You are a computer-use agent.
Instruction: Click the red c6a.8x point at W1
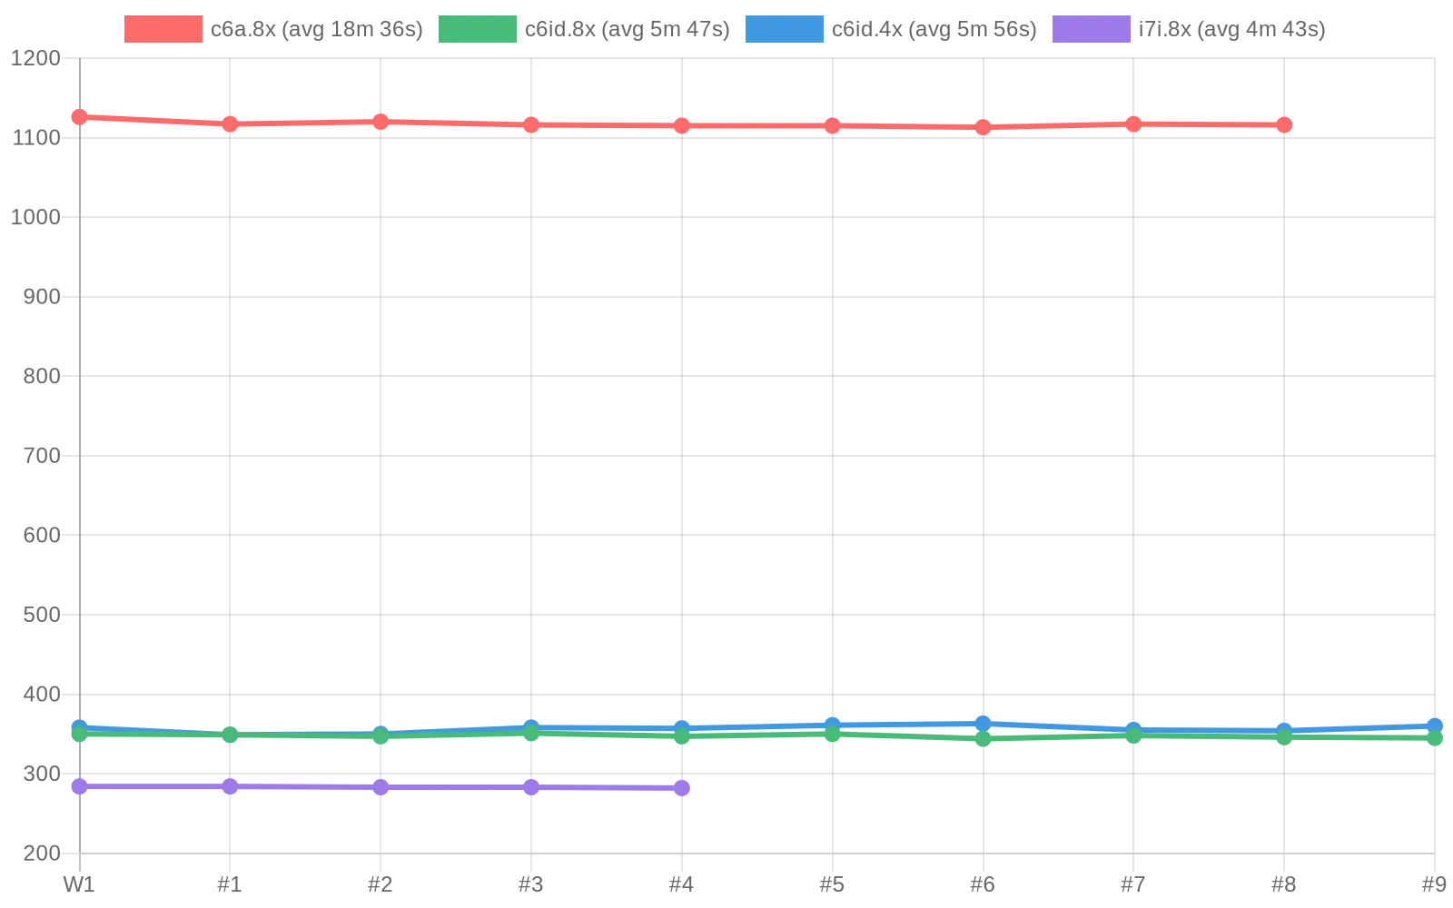coord(80,117)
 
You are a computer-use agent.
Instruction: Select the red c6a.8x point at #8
coord(1284,124)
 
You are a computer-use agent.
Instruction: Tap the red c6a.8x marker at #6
coord(983,127)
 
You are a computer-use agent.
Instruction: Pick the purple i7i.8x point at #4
coord(682,788)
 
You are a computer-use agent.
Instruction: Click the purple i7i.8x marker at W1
coord(80,786)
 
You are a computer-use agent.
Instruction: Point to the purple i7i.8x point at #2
coord(381,787)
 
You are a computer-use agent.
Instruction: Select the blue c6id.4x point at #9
coord(1434,725)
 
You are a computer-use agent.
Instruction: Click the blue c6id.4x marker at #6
coord(983,724)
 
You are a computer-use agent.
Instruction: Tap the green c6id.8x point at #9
coord(1434,738)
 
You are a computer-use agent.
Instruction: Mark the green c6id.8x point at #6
coord(983,739)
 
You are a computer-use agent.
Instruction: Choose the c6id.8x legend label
coord(627,29)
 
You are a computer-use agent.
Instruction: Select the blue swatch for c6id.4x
coord(784,29)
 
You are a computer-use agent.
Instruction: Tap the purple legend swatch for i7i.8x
coord(1091,29)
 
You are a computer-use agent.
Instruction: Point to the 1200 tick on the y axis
coord(35,58)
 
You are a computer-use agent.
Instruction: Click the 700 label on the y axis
coord(42,456)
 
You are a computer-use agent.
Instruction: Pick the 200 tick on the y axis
coord(42,854)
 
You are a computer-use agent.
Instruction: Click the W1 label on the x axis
coord(79,884)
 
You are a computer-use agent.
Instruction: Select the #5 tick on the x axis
coord(832,884)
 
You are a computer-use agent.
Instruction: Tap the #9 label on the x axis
coord(1433,884)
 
